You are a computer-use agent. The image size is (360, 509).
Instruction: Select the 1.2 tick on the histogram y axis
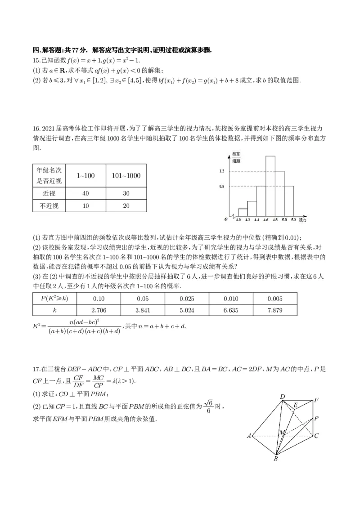point(221,171)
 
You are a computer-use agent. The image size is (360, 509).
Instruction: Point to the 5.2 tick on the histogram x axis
point(293,220)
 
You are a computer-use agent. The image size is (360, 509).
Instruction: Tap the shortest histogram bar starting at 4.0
point(243,212)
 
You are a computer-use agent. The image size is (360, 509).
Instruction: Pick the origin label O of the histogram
point(225,219)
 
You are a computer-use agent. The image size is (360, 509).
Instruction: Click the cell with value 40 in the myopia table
point(85,193)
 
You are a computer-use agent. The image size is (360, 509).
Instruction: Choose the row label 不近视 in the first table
point(49,206)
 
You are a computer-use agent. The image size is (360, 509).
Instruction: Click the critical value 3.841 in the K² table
point(143,310)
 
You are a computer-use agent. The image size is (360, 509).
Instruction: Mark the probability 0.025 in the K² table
point(187,299)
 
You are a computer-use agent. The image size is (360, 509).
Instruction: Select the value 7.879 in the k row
point(275,310)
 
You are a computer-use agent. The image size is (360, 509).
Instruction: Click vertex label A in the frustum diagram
point(248,436)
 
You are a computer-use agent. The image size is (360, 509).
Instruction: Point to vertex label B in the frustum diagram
point(275,458)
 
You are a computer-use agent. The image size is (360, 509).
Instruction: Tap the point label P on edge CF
point(317,418)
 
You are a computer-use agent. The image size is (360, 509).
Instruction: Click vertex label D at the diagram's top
point(282,397)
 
